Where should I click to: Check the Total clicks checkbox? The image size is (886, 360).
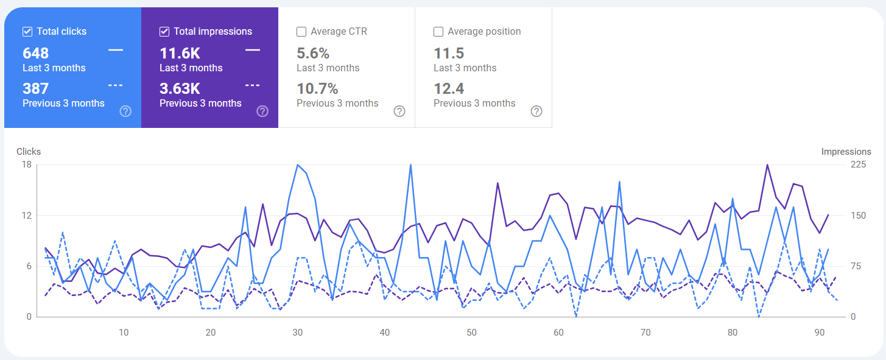pos(27,32)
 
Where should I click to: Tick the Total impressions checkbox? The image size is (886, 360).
pos(164,32)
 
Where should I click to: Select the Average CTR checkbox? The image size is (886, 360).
pos(301,32)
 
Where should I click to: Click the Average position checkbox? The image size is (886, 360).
pos(438,32)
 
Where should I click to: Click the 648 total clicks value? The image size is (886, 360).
pos(35,54)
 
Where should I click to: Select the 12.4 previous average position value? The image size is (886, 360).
pos(449,89)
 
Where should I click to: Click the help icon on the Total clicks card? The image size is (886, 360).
pos(125,111)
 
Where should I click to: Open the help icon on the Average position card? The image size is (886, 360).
pos(536,111)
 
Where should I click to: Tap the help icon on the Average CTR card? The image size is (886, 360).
pos(399,111)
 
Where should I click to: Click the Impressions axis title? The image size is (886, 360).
pos(846,152)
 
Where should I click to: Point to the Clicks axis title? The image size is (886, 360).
pos(29,152)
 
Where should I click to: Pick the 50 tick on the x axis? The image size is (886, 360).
pos(471,333)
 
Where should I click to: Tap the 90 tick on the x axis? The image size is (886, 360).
pos(820,333)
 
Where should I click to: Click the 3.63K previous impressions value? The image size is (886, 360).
pos(180,89)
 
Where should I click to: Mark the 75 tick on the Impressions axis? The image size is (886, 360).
pos(856,266)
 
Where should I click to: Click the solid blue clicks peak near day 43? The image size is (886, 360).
pos(410,165)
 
